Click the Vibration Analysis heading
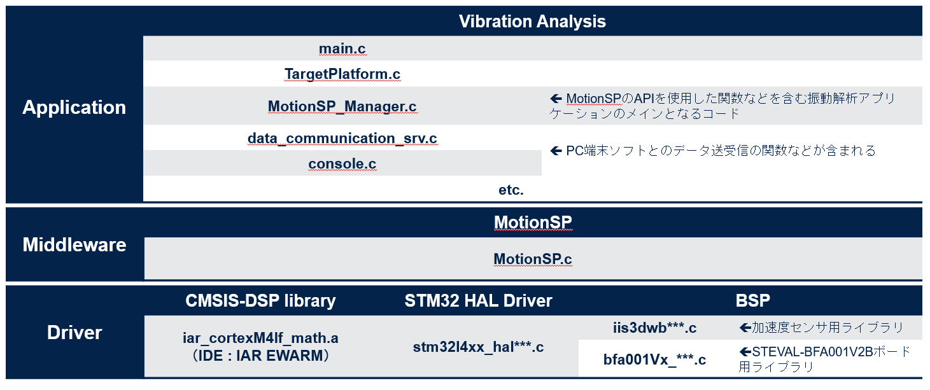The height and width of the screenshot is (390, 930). (532, 22)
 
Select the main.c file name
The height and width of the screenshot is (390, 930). (342, 48)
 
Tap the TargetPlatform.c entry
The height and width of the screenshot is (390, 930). (342, 74)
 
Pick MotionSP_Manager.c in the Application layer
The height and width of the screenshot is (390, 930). (342, 106)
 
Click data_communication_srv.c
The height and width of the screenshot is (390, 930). (342, 138)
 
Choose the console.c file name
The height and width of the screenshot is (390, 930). (342, 164)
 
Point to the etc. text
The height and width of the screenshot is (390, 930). (511, 190)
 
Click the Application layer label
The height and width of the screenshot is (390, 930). (74, 108)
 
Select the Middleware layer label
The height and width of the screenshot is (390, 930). (74, 245)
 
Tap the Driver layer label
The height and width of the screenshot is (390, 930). (74, 333)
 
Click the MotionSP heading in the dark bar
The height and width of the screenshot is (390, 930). (533, 223)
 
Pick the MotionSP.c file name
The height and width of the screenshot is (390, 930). (533, 259)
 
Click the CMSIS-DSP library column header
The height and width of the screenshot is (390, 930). (260, 301)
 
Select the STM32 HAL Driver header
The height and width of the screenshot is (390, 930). (478, 301)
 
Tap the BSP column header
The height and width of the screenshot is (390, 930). (752, 300)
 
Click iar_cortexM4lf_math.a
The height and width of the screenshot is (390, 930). (260, 338)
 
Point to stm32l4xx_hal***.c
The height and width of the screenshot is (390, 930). (478, 347)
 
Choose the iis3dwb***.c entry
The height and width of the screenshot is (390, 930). (655, 328)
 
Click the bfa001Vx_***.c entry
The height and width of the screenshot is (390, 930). (655, 359)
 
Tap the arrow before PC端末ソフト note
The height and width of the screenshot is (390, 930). (556, 151)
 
